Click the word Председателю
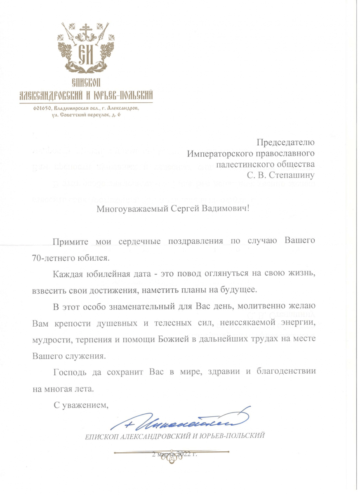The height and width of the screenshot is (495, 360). tap(286, 143)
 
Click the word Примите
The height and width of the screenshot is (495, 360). tap(68, 241)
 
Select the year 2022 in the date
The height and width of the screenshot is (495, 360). tap(184, 455)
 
